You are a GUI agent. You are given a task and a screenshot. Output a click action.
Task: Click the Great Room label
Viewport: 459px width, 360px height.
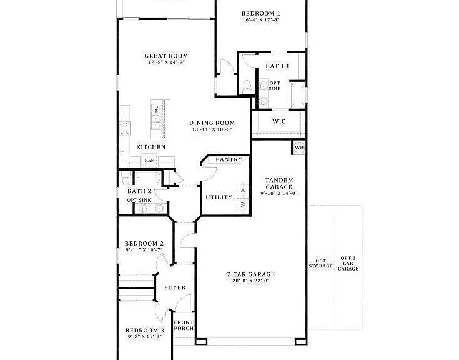point(166,56)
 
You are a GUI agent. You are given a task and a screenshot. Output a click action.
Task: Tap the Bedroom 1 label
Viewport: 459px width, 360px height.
point(261,13)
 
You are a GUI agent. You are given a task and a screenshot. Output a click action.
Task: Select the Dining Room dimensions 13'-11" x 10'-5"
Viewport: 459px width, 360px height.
point(212,130)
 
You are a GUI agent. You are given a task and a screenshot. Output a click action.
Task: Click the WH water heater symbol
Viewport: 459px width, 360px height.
point(299,147)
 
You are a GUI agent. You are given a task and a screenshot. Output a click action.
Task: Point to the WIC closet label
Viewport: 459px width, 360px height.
point(279,121)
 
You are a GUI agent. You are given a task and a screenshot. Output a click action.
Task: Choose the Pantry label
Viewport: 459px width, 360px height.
point(229,160)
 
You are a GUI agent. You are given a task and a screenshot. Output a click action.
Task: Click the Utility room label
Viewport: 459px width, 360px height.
point(219,197)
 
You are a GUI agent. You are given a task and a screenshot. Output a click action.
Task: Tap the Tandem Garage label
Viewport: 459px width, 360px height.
point(279,182)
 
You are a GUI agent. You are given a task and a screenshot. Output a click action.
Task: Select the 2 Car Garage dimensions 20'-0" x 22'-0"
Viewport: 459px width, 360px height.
point(250,281)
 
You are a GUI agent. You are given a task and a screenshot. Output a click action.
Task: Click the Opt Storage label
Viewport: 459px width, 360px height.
point(320,264)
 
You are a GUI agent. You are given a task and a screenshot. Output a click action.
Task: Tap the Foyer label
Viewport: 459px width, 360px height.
point(175,288)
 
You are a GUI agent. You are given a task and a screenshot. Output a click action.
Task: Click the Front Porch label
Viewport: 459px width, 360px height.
point(184,326)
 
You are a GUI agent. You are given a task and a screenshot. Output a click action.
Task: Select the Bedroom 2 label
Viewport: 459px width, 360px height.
point(144,244)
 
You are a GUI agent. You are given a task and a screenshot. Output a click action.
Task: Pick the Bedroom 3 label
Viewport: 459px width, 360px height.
point(144,331)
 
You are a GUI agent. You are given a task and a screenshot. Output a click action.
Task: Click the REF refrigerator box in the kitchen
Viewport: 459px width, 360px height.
point(149,161)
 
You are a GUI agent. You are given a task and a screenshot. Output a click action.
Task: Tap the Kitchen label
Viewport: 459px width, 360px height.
point(151,147)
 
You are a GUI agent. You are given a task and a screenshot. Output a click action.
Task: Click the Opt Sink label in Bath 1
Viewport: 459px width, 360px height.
point(275,86)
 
